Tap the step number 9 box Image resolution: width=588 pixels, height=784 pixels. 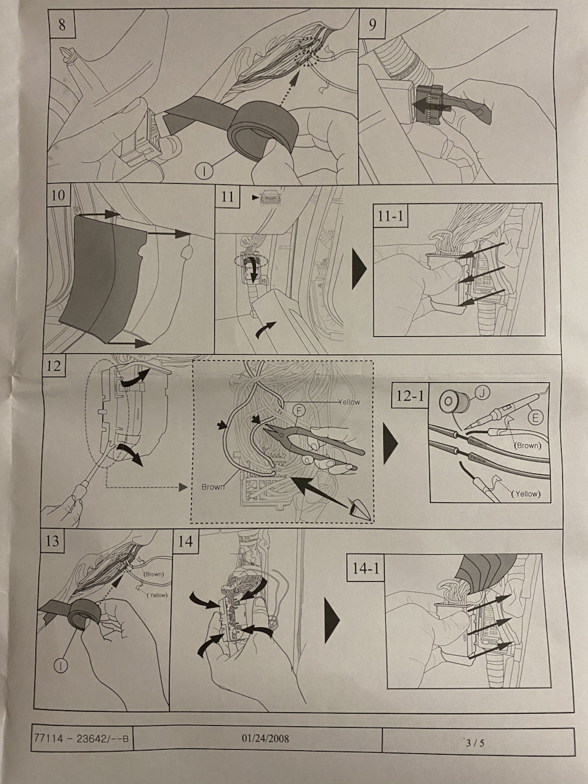pos(373,25)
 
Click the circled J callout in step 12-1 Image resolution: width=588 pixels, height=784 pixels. pos(482,394)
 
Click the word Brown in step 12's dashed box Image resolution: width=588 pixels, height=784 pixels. pos(213,487)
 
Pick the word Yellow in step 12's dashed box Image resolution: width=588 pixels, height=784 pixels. pos(349,402)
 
